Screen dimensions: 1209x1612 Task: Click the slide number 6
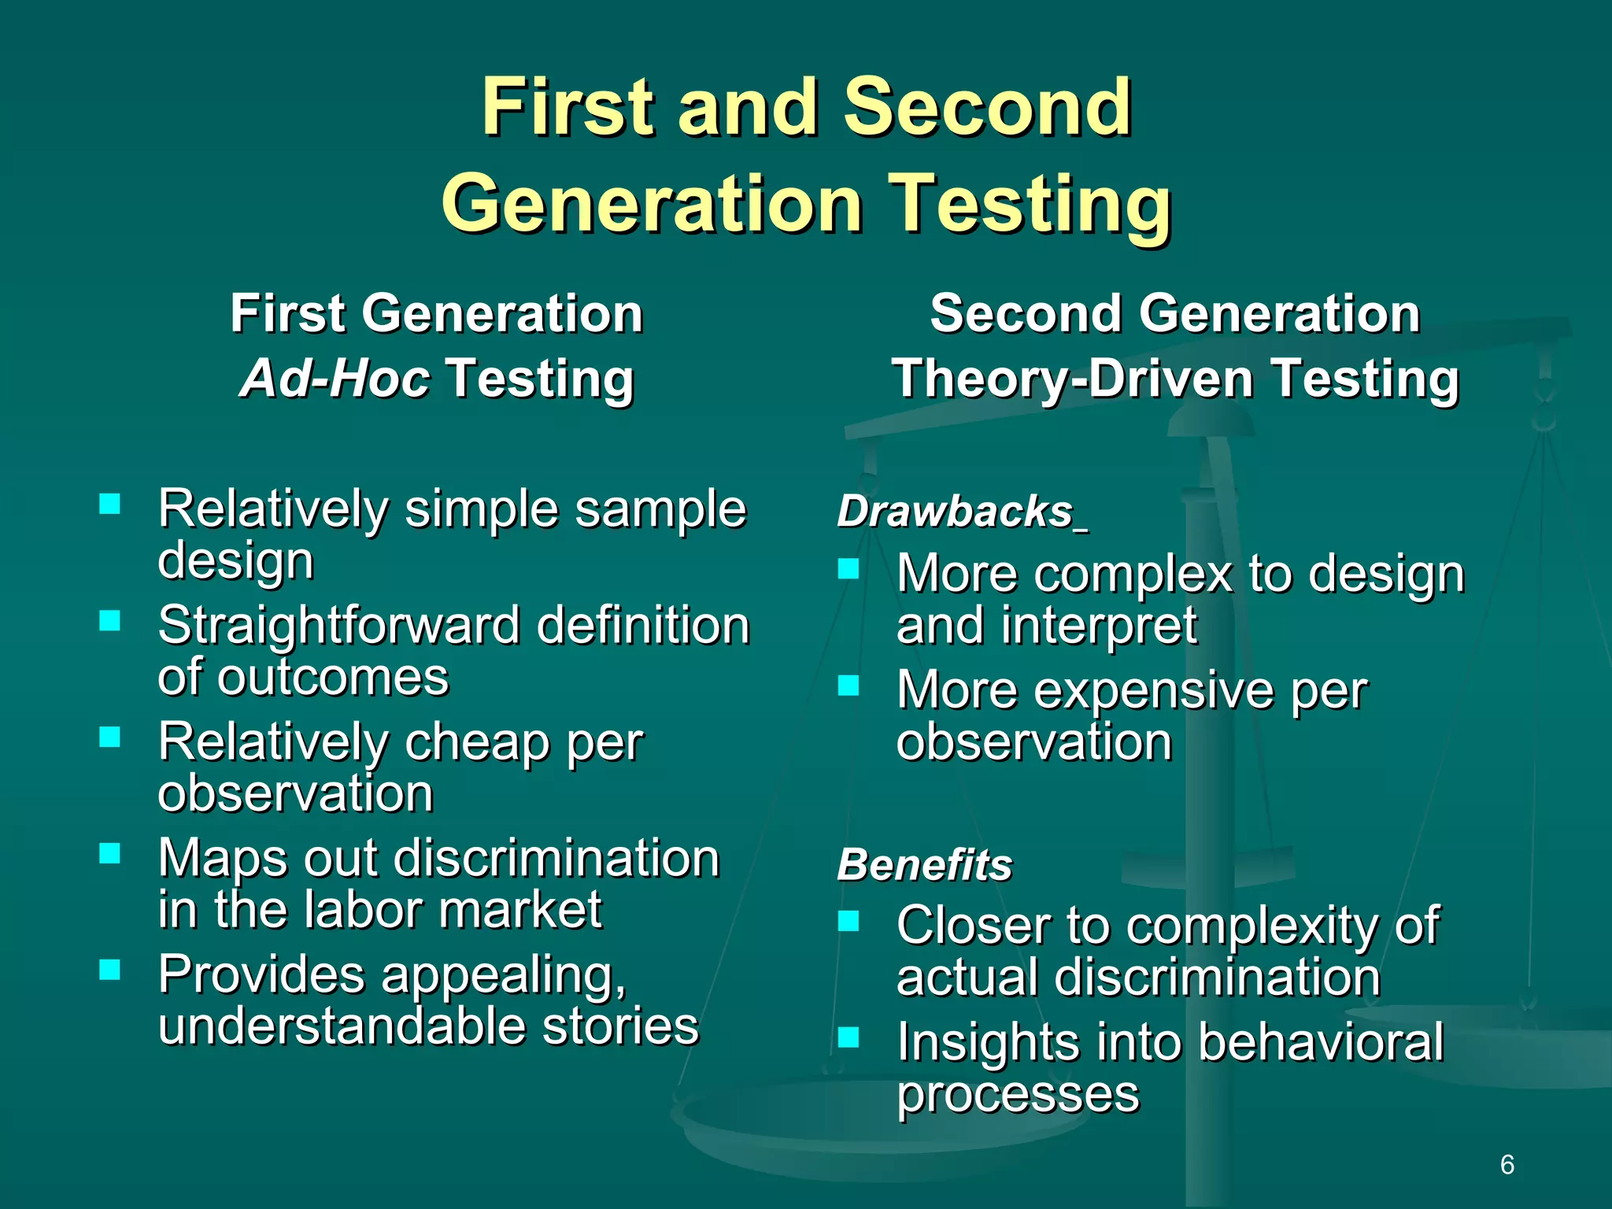pyautogui.click(x=1507, y=1164)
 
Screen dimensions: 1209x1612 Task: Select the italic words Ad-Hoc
pyautogui.click(x=335, y=379)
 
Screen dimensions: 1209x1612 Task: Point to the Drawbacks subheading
pyautogui.click(x=955, y=512)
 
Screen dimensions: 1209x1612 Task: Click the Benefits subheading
pyautogui.click(x=924, y=865)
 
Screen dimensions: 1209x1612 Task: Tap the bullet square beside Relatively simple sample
pyautogui.click(x=110, y=504)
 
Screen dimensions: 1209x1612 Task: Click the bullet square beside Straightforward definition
pyautogui.click(x=110, y=620)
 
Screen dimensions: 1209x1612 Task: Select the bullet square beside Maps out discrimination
pyautogui.click(x=110, y=853)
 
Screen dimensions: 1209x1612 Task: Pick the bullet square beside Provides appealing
pyautogui.click(x=110, y=969)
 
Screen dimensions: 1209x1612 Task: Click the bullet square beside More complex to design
pyautogui.click(x=848, y=568)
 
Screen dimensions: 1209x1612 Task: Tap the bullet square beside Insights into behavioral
pyautogui.click(x=848, y=1037)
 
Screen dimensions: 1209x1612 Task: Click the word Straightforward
pyautogui.click(x=338, y=626)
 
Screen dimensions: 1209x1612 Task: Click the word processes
pyautogui.click(x=1018, y=1094)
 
